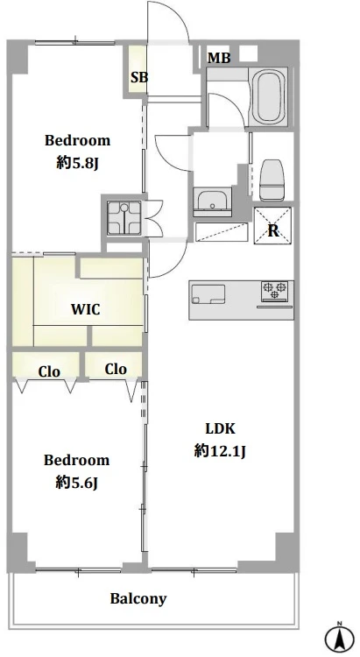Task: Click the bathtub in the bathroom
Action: click(268, 96)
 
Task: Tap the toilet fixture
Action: click(272, 180)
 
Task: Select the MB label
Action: click(219, 58)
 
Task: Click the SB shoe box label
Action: click(139, 77)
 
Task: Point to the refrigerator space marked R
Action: click(272, 226)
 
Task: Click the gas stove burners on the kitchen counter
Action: click(275, 291)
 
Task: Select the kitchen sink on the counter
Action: click(208, 294)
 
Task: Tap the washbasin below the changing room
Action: click(213, 202)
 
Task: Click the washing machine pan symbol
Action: click(124, 217)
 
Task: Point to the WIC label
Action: click(86, 309)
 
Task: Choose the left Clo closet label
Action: click(49, 371)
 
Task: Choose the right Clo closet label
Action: click(116, 369)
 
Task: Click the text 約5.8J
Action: click(78, 164)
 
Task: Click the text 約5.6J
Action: click(77, 483)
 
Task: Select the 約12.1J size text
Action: click(220, 451)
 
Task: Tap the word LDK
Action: click(220, 428)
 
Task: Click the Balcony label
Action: click(138, 599)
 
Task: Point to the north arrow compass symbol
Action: click(340, 638)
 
